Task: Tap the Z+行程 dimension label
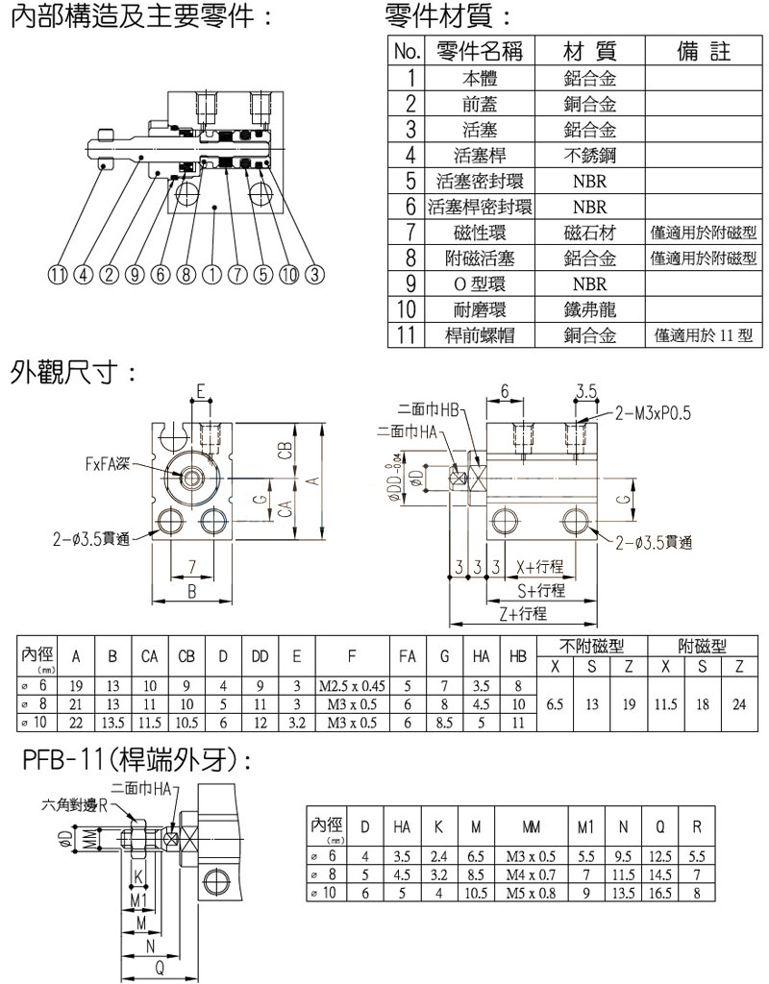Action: (523, 613)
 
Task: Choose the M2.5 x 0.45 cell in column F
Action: (351, 686)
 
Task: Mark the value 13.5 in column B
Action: (112, 721)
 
